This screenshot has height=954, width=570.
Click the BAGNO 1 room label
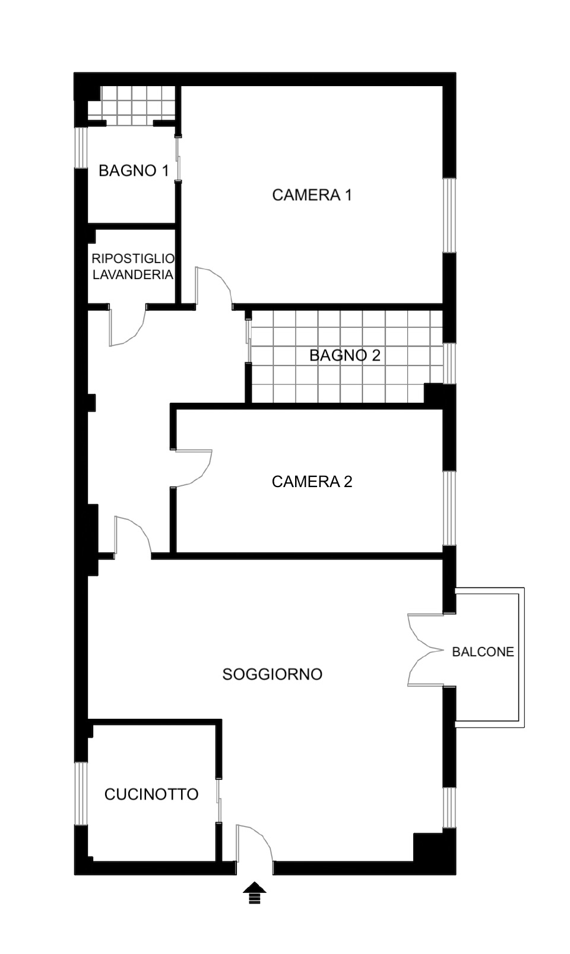pos(134,171)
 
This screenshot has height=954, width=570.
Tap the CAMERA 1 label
pos(312,195)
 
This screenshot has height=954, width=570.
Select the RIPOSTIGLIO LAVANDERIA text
pos(133,267)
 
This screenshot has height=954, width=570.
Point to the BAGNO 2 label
pos(344,355)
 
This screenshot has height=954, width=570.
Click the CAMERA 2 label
pos(312,482)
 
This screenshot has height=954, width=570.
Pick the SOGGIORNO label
pos(272,674)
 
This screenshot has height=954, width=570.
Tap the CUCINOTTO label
pos(151,794)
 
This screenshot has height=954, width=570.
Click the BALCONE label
pos(483,652)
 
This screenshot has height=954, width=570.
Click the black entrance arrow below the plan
pos(255,892)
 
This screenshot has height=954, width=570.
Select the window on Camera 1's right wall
pos(449,215)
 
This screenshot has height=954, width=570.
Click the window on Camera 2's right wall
pos(449,508)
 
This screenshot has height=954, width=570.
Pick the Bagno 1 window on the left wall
pos(81,147)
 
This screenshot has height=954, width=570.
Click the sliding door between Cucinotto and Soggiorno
pos(219,800)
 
